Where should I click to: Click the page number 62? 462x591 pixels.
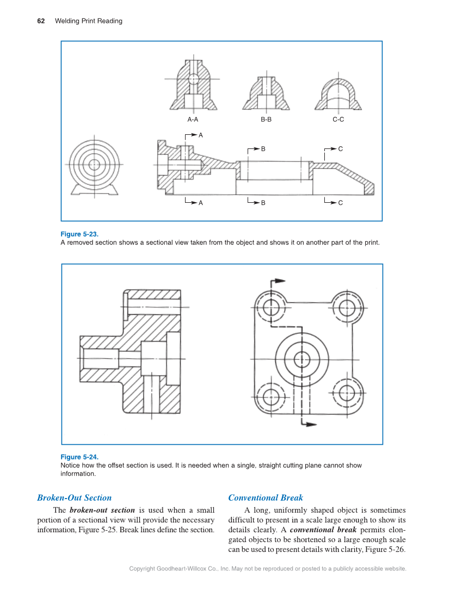click(41, 21)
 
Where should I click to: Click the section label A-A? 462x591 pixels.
click(193, 120)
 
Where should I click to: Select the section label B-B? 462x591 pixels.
click(266, 120)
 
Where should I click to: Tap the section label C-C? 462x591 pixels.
click(338, 120)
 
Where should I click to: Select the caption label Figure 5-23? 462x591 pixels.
click(79, 234)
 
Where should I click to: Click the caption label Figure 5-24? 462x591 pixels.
click(79, 457)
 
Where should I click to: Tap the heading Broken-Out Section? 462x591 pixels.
click(74, 497)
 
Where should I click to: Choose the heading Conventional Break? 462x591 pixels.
click(266, 497)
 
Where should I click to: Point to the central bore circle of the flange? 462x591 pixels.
click(301, 359)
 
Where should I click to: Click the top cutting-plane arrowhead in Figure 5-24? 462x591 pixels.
click(279, 282)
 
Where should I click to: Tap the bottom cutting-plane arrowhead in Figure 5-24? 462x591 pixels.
click(310, 425)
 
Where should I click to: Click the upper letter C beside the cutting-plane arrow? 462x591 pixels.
click(340, 148)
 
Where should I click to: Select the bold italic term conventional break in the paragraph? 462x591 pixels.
click(323, 530)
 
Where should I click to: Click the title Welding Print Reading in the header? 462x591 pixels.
click(89, 21)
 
